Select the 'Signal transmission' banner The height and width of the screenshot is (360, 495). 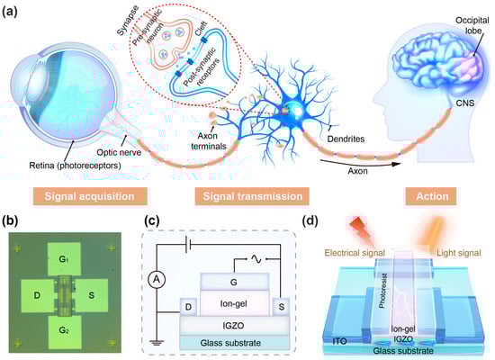tap(252, 195)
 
